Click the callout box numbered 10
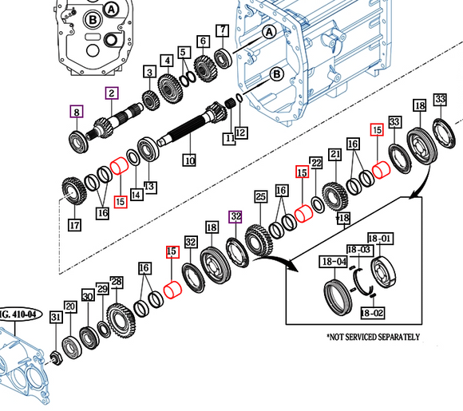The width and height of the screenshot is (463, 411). tap(189, 160)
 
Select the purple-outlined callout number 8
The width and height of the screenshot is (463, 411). tap(76, 112)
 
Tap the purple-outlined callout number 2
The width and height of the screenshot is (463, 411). tap(113, 94)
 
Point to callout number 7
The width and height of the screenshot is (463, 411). tap(222, 31)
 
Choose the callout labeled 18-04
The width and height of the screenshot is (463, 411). tap(334, 261)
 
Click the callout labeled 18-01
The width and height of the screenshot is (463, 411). tap(380, 238)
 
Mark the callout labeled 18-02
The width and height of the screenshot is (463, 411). tap(369, 313)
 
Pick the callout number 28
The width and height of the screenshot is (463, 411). tap(117, 282)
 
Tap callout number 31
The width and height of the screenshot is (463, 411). tap(55, 318)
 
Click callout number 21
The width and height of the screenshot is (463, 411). tap(334, 154)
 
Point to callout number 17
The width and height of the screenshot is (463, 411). tap(74, 225)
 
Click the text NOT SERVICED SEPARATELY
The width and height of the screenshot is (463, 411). tap(374, 338)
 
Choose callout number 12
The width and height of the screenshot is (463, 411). tap(240, 132)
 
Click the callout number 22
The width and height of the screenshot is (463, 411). tap(316, 164)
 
